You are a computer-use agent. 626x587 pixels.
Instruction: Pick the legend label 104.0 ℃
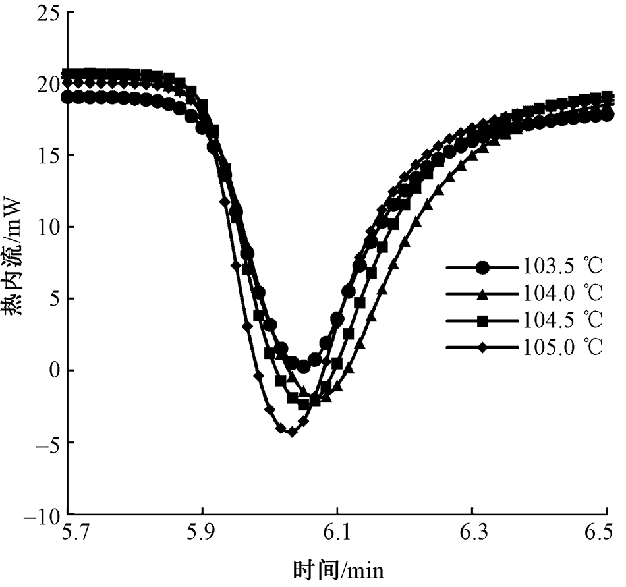point(563,294)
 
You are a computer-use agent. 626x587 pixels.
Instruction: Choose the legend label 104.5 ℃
point(563,321)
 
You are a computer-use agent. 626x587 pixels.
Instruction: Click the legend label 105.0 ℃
point(563,348)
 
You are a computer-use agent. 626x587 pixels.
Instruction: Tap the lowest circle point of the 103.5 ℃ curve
point(304,366)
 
